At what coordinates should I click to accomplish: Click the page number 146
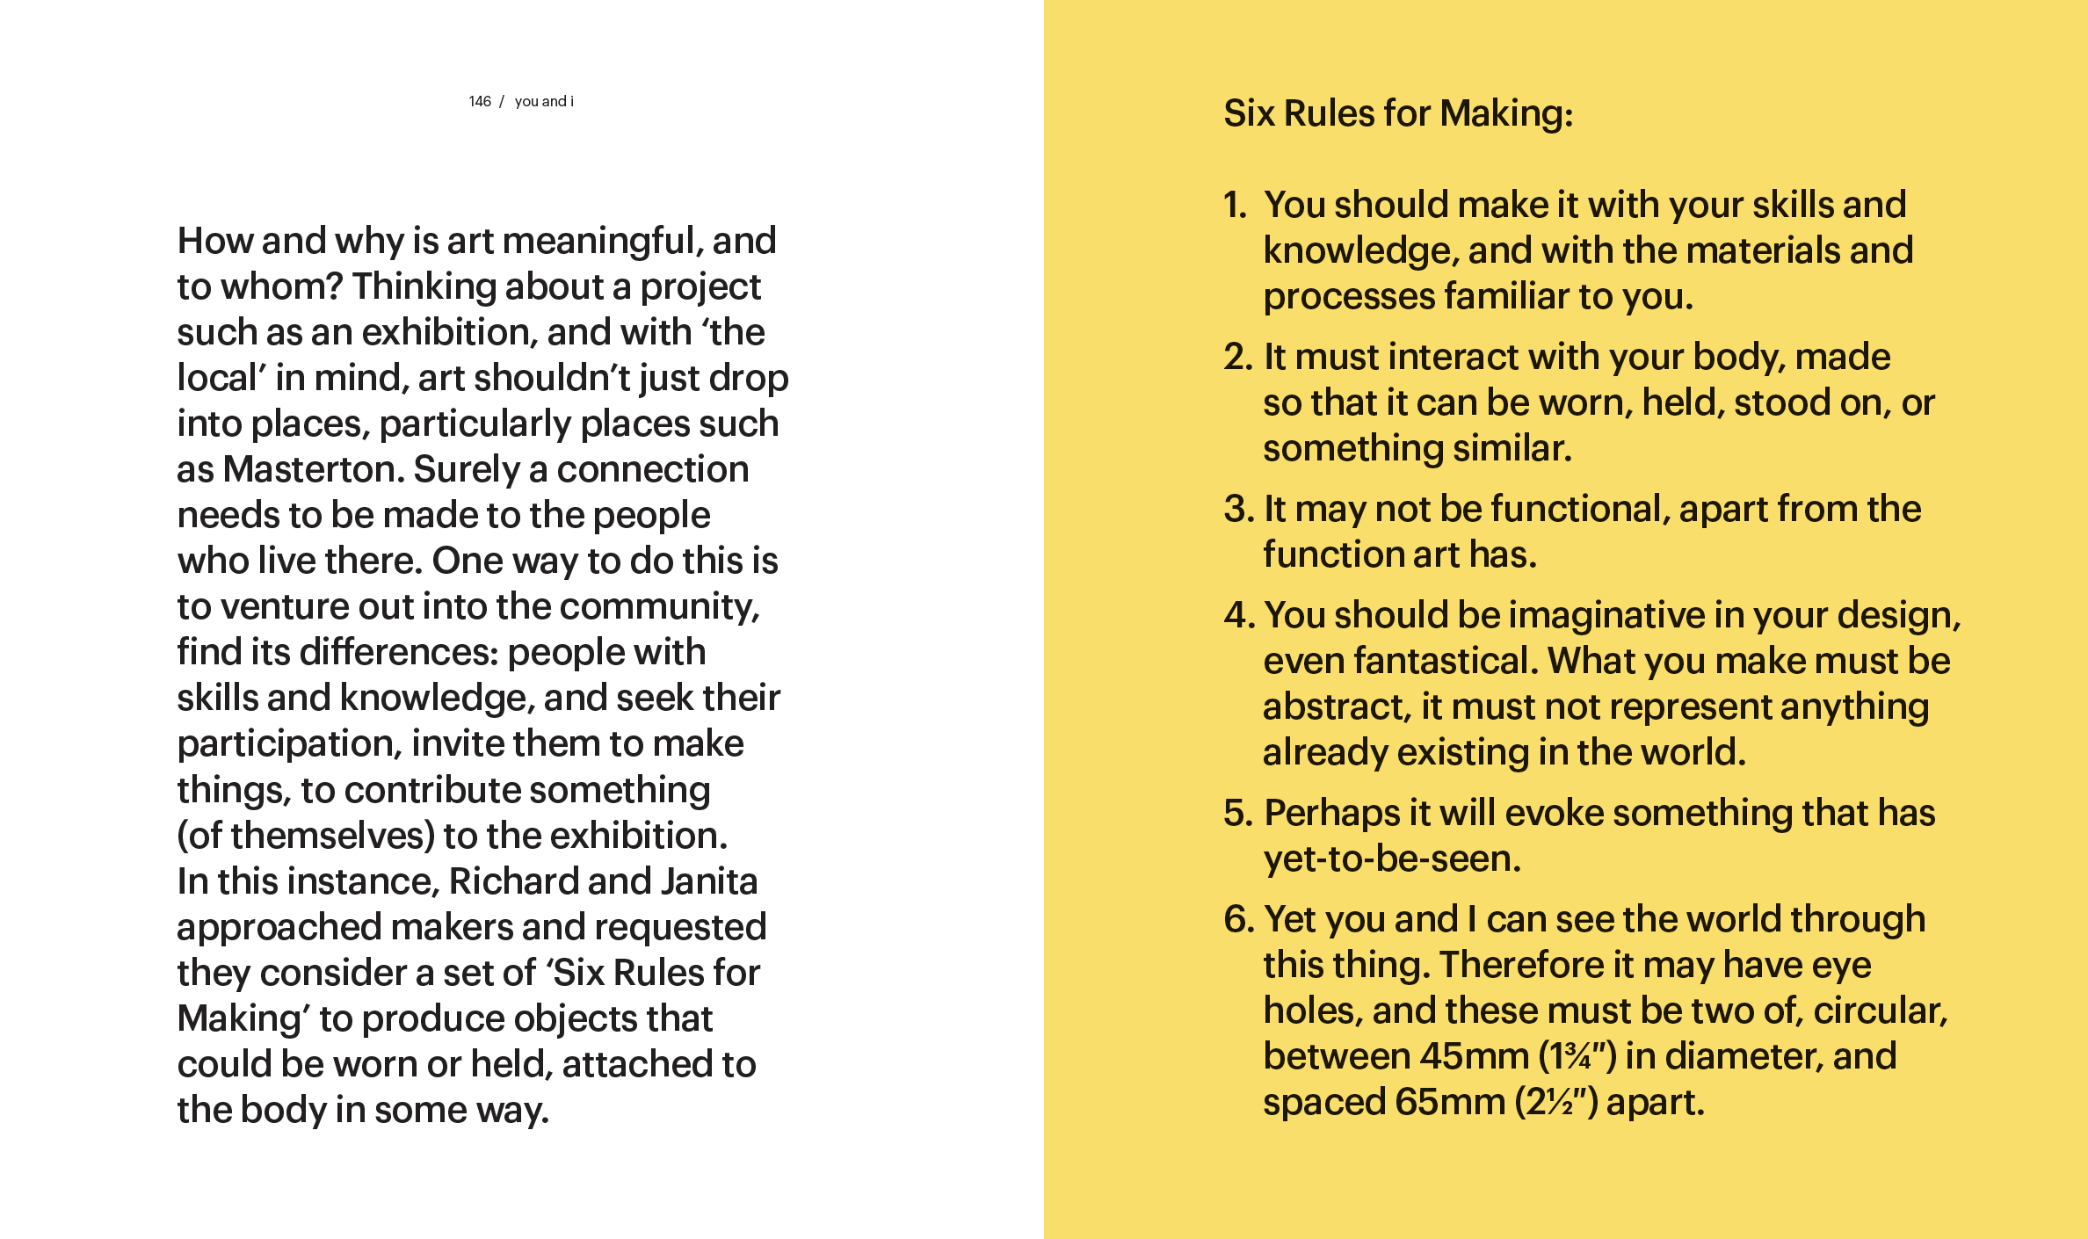[x=479, y=102]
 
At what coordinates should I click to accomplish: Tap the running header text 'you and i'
[x=544, y=102]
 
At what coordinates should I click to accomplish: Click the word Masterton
[x=313, y=470]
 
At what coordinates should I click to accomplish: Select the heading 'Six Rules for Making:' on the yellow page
[x=1398, y=113]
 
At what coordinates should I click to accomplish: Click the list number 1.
[x=1235, y=206]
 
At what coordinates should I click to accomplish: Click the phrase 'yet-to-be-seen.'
[x=1392, y=859]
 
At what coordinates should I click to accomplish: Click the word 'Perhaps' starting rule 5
[x=1331, y=814]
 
